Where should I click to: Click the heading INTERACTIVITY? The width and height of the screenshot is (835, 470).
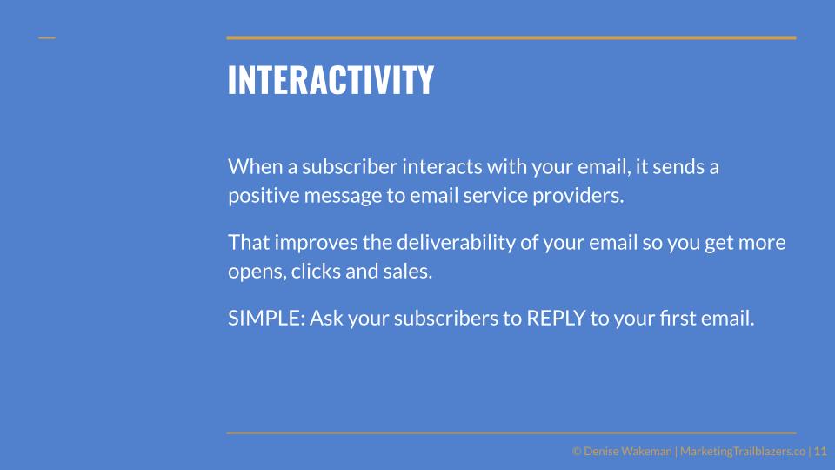(x=331, y=80)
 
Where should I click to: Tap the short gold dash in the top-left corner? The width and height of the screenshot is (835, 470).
(x=47, y=37)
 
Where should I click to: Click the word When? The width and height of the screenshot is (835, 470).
(x=255, y=167)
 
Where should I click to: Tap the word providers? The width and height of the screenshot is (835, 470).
(x=578, y=196)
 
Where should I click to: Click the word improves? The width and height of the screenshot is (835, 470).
(x=316, y=243)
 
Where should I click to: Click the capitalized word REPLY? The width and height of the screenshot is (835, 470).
(x=556, y=319)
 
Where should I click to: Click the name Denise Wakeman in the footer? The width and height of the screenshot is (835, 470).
(x=627, y=452)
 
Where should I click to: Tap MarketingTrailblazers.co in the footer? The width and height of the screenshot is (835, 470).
(x=743, y=452)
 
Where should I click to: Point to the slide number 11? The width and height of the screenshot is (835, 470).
(x=820, y=452)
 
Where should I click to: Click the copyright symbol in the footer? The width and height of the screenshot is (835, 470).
(x=576, y=452)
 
